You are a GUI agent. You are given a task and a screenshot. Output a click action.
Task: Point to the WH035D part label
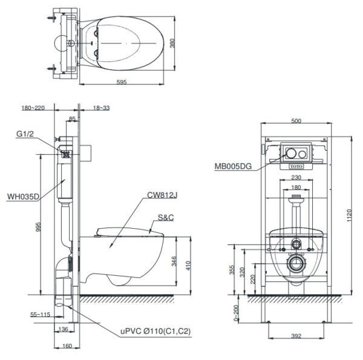pyautogui.click(x=23, y=197)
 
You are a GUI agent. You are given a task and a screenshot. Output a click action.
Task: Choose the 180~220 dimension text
pyautogui.click(x=34, y=108)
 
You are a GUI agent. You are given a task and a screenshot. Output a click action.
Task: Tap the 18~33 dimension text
pyautogui.click(x=102, y=108)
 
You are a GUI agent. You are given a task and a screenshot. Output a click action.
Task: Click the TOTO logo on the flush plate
pyautogui.click(x=296, y=163)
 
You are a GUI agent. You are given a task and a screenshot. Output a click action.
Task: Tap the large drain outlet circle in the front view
pyautogui.click(x=296, y=264)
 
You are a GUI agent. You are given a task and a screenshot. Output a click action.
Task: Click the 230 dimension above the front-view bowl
pyautogui.click(x=296, y=177)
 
